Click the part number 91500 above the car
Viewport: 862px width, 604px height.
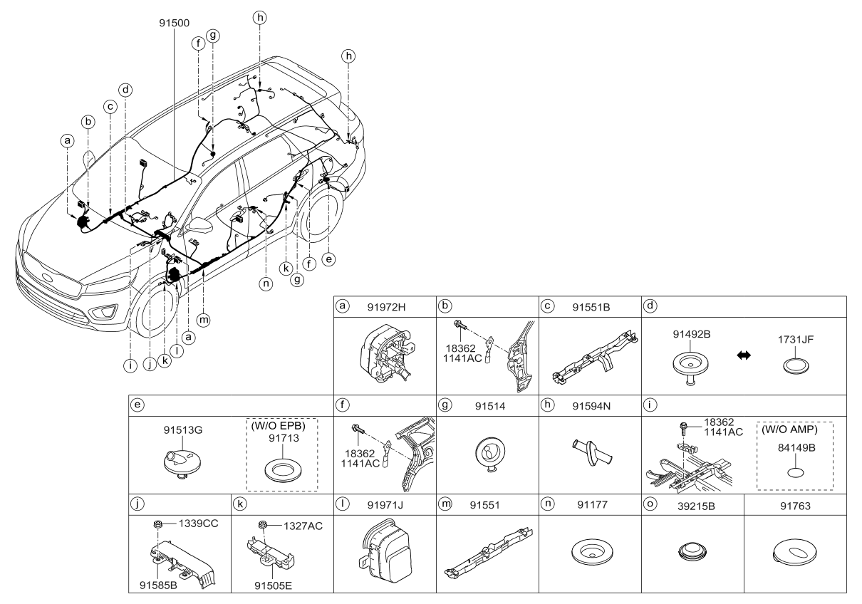[174, 23]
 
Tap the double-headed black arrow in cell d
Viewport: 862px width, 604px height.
[743, 354]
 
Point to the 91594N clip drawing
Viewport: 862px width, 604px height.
[589, 452]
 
